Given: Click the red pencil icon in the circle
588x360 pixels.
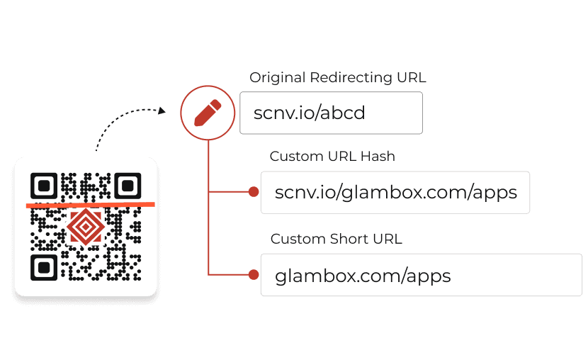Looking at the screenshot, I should pos(207,113).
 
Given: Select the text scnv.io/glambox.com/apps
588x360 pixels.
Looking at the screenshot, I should pos(395,192).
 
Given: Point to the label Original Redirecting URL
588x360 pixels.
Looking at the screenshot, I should pos(338,78).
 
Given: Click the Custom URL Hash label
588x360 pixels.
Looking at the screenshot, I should pos(332,157).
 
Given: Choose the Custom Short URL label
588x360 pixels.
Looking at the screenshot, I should pos(337,239).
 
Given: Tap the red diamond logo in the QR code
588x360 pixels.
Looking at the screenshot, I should pos(85,227).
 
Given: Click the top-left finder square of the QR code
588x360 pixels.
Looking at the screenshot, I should pos(44,186).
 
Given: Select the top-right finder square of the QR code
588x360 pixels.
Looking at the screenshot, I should pos(127,186).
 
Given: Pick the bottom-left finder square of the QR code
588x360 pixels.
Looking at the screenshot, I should pos(44,267).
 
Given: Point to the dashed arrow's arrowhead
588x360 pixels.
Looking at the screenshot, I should pos(163,111).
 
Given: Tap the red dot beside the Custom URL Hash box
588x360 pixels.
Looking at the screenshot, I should pos(253,192).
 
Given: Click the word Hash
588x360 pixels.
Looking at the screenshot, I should pos(379,157).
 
